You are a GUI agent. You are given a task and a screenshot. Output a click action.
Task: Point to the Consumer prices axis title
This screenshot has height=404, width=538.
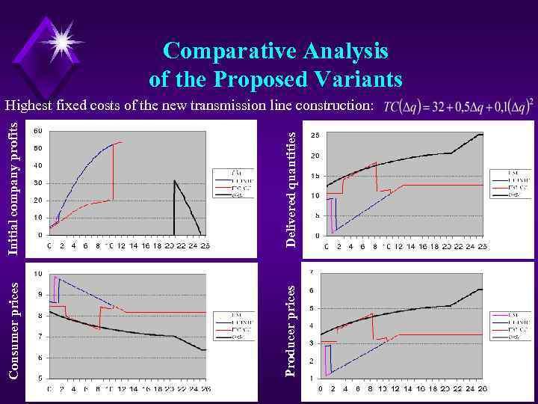coord(13,330)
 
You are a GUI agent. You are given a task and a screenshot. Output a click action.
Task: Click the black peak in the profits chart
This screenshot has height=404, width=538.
coord(174,180)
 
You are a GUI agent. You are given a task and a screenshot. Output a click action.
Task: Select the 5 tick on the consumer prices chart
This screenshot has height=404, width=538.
coord(40,379)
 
